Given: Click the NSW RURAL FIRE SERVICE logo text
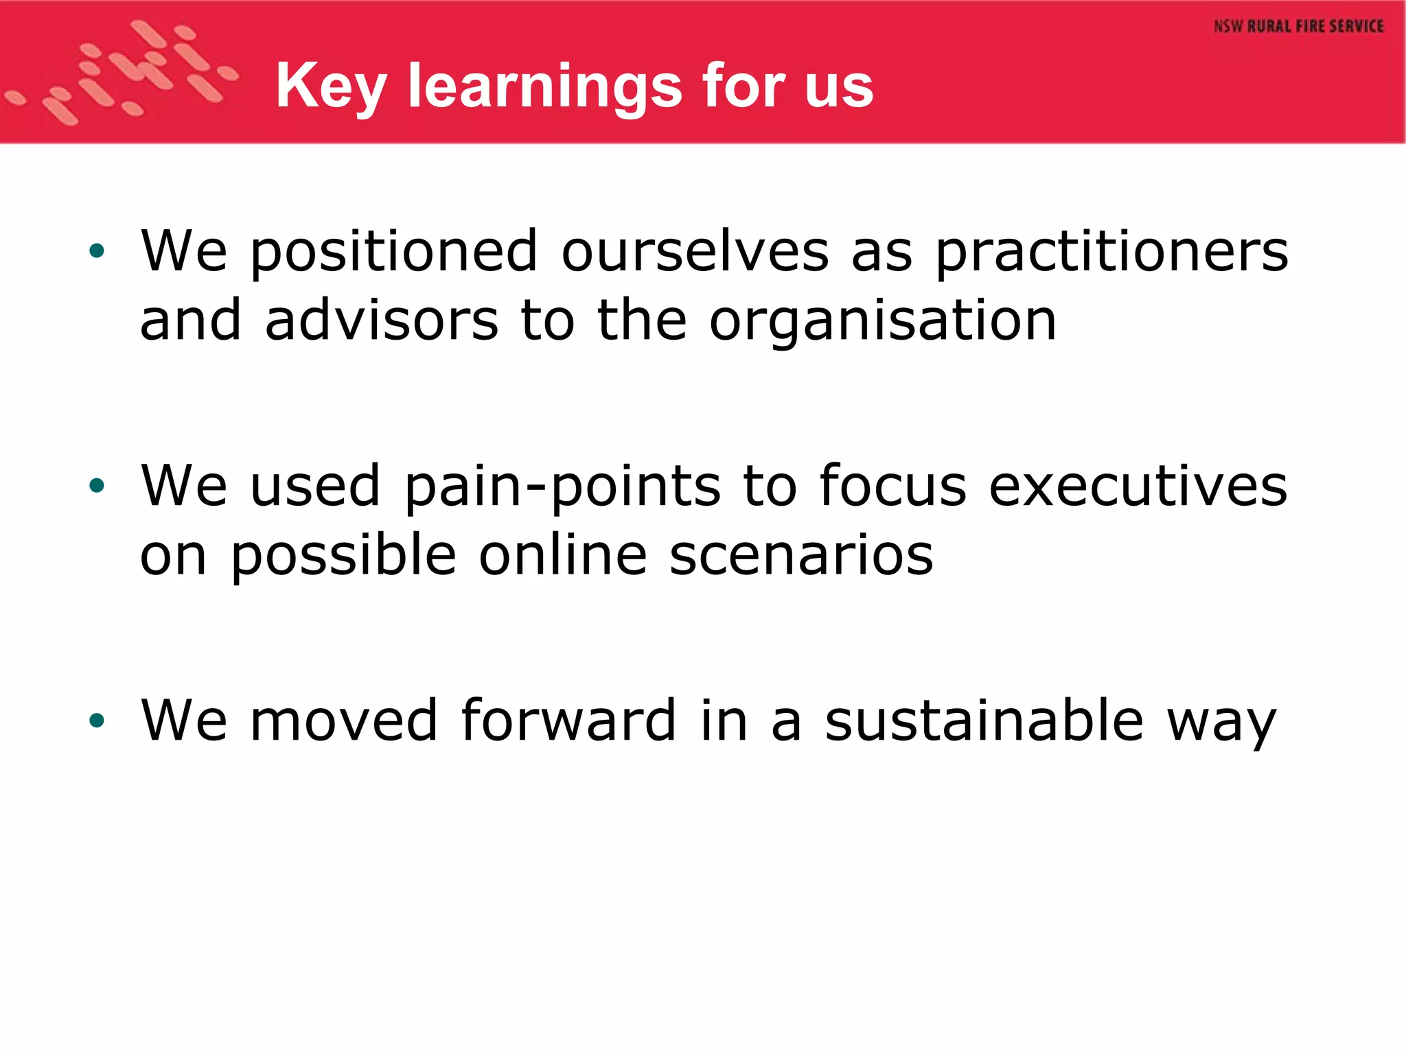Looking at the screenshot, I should [x=1298, y=27].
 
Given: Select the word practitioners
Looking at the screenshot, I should [x=1111, y=252].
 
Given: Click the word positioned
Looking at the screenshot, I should [x=393, y=252].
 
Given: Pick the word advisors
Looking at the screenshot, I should [x=382, y=320].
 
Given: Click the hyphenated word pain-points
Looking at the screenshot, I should [x=562, y=487].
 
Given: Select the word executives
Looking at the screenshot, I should [x=1138, y=487].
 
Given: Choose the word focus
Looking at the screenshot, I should [x=892, y=487].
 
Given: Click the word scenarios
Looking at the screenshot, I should [x=801, y=555].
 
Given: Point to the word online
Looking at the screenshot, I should [x=563, y=555].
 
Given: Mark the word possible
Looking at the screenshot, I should [x=343, y=555].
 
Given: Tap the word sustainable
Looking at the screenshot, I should [x=984, y=720].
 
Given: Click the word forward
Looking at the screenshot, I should [x=568, y=720].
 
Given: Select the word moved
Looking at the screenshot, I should [x=344, y=720].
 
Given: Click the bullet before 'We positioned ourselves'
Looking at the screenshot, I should [x=97, y=251].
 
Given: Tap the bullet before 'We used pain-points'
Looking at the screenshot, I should [x=97, y=486].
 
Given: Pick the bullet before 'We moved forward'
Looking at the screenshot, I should [x=97, y=720].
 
